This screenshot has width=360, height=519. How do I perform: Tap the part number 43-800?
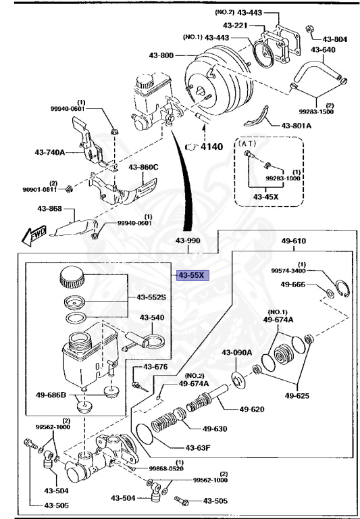click(x=167, y=54)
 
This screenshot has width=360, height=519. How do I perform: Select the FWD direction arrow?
click(x=32, y=234)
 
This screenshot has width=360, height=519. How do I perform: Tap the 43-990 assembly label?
click(x=189, y=241)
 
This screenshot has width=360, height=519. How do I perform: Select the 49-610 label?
click(x=293, y=241)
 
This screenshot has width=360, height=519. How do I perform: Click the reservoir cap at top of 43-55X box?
click(x=72, y=276)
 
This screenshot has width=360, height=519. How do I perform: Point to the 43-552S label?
click(x=151, y=297)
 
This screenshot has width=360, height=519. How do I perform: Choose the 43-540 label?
click(x=152, y=317)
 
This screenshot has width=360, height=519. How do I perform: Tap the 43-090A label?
click(x=236, y=352)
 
